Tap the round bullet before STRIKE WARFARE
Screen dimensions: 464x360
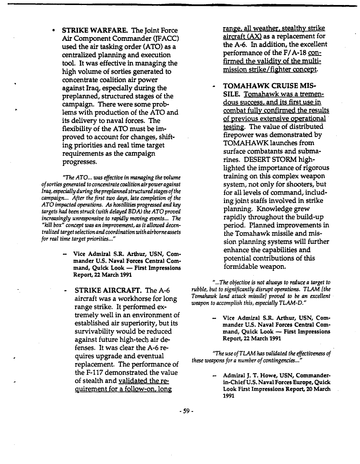tap(54, 31)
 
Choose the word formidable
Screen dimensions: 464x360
tap(245, 266)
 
